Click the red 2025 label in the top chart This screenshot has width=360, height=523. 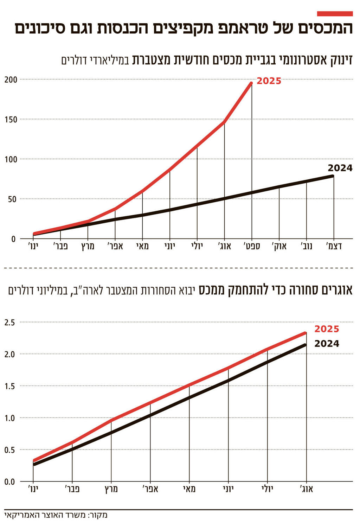(269, 81)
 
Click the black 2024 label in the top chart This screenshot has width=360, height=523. (340, 168)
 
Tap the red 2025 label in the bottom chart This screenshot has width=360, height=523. (327, 329)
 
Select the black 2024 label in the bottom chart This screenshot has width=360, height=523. (327, 344)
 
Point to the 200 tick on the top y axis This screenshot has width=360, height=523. (11, 79)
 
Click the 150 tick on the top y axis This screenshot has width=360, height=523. (11, 120)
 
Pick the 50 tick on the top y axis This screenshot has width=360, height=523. (12, 199)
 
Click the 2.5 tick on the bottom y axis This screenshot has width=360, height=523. (10, 322)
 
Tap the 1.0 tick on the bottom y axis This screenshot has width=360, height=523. (10, 418)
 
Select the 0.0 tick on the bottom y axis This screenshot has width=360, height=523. (10, 482)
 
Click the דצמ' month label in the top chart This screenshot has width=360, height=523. (334, 246)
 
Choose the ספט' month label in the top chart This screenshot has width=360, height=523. (252, 246)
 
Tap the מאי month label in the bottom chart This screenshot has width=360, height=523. (189, 489)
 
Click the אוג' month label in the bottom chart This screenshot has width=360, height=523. (306, 489)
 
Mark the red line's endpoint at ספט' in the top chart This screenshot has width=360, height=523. (251, 83)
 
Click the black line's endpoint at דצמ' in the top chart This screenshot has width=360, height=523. (333, 176)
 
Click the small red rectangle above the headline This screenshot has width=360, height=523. (335, 14)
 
